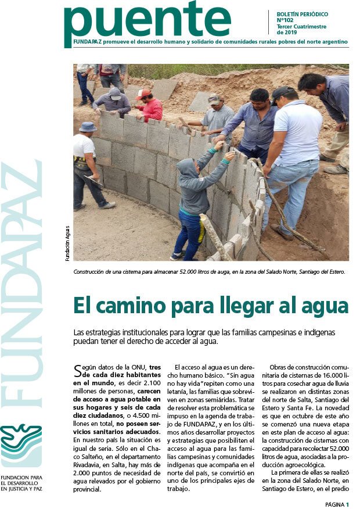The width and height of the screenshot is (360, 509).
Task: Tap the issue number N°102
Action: point(285,20)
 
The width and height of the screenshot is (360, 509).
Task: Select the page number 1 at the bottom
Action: point(347,504)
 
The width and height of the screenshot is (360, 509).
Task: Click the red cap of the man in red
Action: point(143,94)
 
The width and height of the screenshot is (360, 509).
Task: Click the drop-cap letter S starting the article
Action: point(78,371)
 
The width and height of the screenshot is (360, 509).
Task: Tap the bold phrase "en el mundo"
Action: point(95,384)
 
